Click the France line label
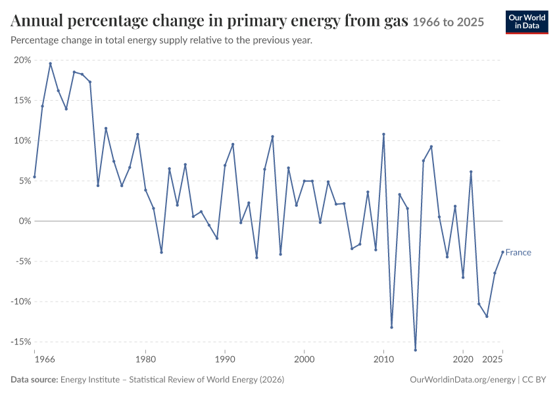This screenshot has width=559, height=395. [518, 253]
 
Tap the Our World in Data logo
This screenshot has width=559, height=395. [527, 22]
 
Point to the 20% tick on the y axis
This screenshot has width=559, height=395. [22, 60]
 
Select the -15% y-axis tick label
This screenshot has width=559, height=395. [21, 342]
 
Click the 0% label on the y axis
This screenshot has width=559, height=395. [25, 221]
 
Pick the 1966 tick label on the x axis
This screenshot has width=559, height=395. [45, 359]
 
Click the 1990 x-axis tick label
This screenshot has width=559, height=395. [225, 359]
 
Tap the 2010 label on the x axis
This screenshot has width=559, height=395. [383, 359]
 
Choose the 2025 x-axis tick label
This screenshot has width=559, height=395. [493, 359]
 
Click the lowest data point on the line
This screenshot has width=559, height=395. [416, 350]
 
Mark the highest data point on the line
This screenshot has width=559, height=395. [50, 63]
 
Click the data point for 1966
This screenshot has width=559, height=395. [35, 176]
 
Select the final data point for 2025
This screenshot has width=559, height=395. [502, 252]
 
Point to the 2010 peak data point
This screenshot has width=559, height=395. [383, 134]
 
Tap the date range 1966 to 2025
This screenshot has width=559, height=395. [449, 22]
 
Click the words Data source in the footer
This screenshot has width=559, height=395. [34, 379]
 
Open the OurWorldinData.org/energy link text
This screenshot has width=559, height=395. [463, 380]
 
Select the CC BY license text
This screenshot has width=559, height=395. [534, 379]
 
